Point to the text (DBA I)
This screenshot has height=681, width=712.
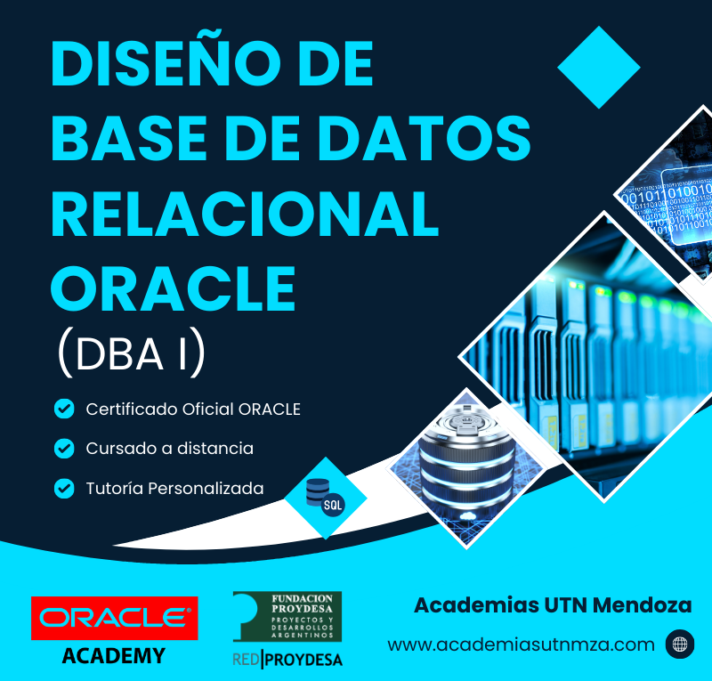pyautogui.click(x=132, y=353)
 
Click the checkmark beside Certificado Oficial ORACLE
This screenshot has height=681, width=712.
pyautogui.click(x=64, y=409)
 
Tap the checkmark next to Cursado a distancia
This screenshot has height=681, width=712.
pyautogui.click(x=64, y=449)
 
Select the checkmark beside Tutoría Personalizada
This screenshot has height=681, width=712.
pyautogui.click(x=64, y=489)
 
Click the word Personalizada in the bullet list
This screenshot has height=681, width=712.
pyautogui.click(x=206, y=489)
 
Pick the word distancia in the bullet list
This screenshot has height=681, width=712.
pyautogui.click(x=215, y=448)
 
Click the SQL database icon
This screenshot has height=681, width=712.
pyautogui.click(x=325, y=498)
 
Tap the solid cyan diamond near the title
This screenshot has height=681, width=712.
pyautogui.click(x=598, y=68)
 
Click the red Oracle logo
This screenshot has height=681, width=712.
pyautogui.click(x=115, y=618)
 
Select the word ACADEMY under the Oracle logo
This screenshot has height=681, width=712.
pyautogui.click(x=114, y=655)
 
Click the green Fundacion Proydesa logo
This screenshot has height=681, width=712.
pyautogui.click(x=287, y=616)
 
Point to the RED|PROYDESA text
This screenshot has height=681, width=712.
pyautogui.click(x=287, y=660)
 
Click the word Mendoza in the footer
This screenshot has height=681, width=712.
pyautogui.click(x=642, y=605)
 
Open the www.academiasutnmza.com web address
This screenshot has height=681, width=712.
pyautogui.click(x=522, y=645)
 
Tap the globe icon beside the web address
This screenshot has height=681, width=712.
pyautogui.click(x=680, y=644)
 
